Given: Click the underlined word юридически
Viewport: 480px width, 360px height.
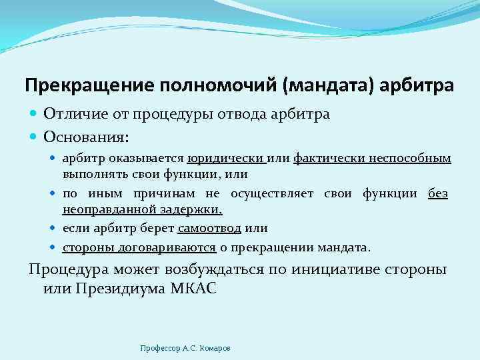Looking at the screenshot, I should pyautogui.click(x=226, y=159).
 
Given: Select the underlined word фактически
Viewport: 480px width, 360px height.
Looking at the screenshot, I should pyautogui.click(x=327, y=159).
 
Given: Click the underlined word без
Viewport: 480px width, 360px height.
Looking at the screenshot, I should pyautogui.click(x=438, y=193).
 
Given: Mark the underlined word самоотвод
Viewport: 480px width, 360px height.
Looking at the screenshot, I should pyautogui.click(x=205, y=228).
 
